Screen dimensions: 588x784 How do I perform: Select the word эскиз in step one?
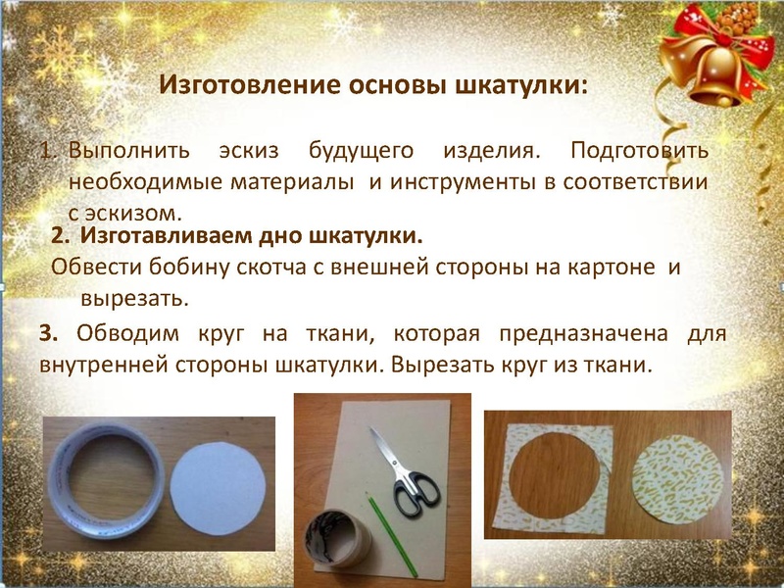244,154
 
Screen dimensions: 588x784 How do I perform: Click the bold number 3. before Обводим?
51,333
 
